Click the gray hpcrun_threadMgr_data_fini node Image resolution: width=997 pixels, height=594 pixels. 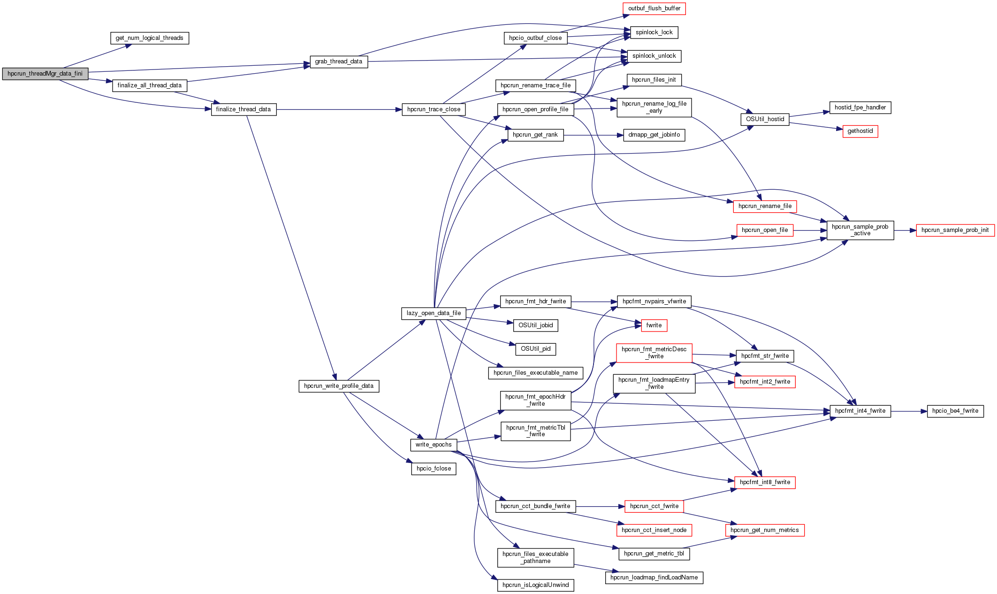coord(45,74)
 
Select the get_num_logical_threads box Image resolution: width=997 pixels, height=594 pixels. coord(149,38)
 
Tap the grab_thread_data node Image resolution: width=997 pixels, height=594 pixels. coord(338,62)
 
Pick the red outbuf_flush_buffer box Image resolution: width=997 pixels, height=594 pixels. coord(654,8)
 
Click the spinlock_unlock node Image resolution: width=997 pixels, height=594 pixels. coord(654,56)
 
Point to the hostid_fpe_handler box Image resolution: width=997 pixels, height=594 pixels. coord(860,108)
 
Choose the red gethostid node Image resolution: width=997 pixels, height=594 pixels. coord(860,131)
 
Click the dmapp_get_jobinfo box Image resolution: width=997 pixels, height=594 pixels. coord(654,135)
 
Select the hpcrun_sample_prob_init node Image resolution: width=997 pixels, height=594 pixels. coord(955,230)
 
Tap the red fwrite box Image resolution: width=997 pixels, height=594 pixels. coord(654,325)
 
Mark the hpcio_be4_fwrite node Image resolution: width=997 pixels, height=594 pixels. coord(955,411)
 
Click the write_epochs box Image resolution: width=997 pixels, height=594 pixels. coord(434,445)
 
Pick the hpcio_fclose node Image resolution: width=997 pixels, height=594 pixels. coord(434,469)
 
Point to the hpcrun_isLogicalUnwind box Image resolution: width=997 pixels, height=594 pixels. coord(535,585)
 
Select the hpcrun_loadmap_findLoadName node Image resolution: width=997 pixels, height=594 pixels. coord(654,578)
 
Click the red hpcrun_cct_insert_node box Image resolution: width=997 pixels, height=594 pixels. coord(654,530)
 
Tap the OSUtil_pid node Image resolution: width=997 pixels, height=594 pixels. coord(535,349)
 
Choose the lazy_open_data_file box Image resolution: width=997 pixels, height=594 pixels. coord(434,313)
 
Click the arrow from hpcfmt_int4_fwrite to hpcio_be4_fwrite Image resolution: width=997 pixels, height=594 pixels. coord(908,411)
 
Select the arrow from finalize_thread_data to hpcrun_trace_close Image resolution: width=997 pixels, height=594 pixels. coord(338,109)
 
